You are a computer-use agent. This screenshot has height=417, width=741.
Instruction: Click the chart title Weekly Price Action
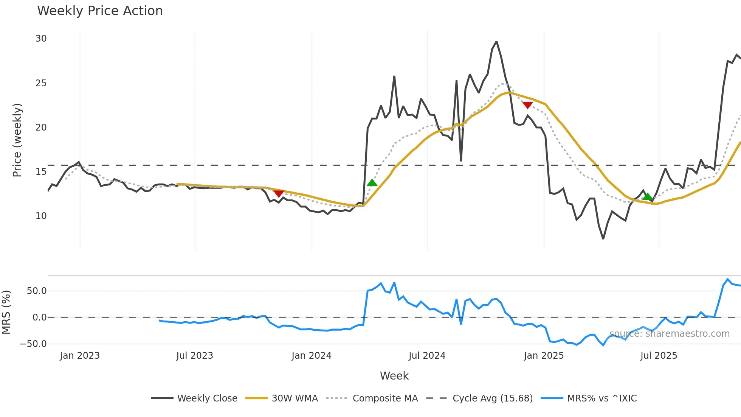(x=100, y=11)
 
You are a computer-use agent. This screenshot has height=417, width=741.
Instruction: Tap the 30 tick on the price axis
(x=41, y=39)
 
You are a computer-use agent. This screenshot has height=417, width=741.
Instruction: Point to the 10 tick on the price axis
(x=41, y=216)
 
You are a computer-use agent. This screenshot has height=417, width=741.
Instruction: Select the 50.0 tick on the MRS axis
(x=37, y=291)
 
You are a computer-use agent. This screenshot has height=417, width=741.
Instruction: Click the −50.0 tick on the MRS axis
(x=33, y=344)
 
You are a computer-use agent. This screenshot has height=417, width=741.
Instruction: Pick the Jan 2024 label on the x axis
(x=312, y=356)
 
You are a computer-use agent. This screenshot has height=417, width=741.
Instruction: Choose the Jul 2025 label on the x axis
(x=659, y=356)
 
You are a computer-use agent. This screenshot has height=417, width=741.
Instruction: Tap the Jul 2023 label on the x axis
(x=195, y=356)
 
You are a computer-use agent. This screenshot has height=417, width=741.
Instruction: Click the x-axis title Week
(x=394, y=376)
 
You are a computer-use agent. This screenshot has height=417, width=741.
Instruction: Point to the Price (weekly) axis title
(x=17, y=140)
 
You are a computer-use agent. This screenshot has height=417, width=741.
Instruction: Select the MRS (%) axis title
(x=6, y=312)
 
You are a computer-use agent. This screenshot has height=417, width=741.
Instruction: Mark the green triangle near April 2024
(x=372, y=183)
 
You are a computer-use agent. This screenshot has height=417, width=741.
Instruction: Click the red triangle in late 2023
(x=279, y=194)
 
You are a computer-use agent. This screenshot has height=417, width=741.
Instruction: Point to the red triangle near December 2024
(x=527, y=105)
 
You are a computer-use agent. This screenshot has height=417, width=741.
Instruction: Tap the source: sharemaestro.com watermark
(x=670, y=334)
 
